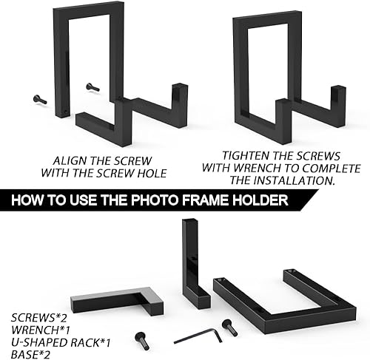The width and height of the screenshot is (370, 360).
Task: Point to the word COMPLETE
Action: click(x=332, y=168)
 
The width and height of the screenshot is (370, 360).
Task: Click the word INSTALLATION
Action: click(x=294, y=180)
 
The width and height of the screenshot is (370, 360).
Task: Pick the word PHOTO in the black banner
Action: click(x=155, y=200)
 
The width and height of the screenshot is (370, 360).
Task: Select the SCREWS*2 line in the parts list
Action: click(x=38, y=318)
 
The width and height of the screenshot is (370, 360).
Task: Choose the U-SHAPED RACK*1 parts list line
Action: click(x=61, y=342)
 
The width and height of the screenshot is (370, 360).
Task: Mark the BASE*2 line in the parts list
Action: click(x=30, y=355)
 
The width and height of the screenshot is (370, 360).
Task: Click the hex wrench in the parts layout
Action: click(x=198, y=336)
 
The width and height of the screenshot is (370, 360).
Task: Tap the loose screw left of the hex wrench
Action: click(x=142, y=341)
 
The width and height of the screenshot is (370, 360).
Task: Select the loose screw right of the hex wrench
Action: click(x=229, y=327)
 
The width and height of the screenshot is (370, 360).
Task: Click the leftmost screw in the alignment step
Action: click(x=40, y=100)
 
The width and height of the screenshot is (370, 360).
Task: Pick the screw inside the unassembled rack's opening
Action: click(x=92, y=87)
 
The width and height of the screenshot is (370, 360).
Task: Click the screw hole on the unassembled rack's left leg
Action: click(x=66, y=112)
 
